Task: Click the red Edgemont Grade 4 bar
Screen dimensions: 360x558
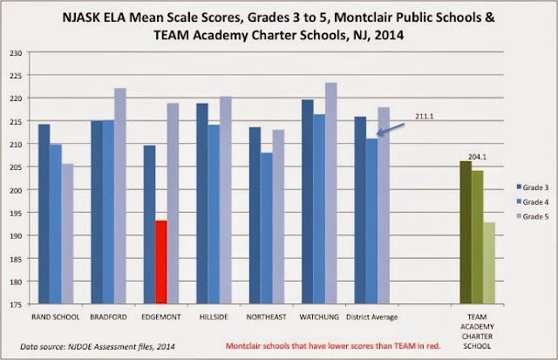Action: click(160, 262)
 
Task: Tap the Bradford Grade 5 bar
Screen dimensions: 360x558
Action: click(119, 197)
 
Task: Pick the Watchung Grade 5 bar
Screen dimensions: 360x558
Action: click(330, 194)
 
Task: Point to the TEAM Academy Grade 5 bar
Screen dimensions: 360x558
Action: click(489, 264)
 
